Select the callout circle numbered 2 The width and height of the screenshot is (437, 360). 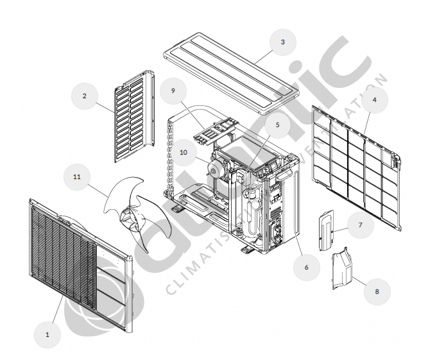(84, 96)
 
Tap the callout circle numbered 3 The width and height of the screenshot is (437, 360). (282, 42)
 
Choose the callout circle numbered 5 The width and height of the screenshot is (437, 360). (277, 125)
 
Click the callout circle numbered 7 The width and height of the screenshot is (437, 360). (361, 225)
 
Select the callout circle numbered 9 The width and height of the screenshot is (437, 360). (173, 91)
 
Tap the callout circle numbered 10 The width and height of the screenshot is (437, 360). (183, 152)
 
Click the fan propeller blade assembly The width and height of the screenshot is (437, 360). (138, 212)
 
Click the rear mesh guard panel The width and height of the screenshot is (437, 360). (356, 164)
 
